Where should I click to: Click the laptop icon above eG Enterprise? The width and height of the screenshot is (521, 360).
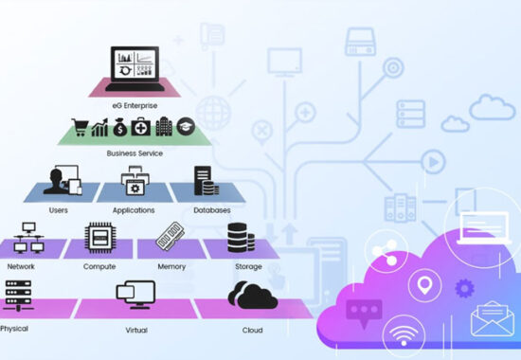point(135,68)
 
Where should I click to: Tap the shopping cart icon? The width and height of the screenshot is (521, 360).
point(80,127)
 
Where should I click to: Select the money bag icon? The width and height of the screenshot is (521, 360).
point(120,127)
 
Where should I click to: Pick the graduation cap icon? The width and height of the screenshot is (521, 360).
point(186,126)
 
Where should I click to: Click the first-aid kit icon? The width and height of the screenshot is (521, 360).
point(140,127)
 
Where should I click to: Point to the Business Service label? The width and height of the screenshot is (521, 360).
point(135,153)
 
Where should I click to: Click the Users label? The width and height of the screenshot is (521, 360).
point(59,210)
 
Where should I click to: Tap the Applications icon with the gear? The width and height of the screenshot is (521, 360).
point(135,181)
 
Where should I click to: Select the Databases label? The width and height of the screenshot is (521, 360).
point(212,210)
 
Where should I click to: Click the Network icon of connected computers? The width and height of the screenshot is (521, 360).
point(28,238)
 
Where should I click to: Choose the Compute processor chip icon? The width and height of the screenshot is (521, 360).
point(100,238)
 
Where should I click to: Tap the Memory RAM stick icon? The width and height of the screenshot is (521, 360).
point(171,236)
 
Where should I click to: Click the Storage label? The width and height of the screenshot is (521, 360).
point(248,266)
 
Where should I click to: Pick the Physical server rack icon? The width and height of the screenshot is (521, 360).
point(19,296)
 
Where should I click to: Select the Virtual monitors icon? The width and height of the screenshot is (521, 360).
point(135,295)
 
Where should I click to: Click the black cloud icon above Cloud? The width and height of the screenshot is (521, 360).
point(253,295)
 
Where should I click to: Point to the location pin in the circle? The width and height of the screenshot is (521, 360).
point(424,285)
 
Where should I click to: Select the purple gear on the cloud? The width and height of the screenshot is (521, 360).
point(464,288)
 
